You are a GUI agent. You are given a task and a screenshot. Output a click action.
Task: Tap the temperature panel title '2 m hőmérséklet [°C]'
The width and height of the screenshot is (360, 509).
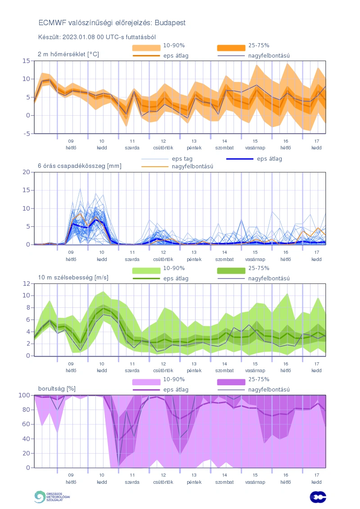[68, 54]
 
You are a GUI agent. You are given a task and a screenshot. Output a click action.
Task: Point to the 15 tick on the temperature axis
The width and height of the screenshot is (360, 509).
[27, 60]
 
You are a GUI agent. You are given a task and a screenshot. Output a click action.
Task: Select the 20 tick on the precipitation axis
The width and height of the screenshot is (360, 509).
[27, 172]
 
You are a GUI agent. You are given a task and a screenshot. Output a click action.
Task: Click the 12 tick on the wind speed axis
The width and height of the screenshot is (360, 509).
[27, 284]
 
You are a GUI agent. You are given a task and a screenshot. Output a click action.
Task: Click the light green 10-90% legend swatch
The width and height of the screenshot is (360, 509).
[146, 270]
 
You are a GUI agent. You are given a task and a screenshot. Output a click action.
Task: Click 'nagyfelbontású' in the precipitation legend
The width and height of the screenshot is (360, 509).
[192, 167]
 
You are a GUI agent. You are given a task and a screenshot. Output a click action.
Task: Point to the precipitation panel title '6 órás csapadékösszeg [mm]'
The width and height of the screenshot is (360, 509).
[80, 166]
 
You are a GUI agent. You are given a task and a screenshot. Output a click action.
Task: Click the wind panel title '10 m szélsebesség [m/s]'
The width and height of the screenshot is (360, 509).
[73, 277]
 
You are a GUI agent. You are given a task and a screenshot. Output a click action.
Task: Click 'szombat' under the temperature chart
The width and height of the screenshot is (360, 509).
[224, 147]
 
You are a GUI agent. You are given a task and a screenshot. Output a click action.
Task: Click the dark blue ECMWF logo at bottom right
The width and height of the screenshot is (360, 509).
[318, 497]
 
